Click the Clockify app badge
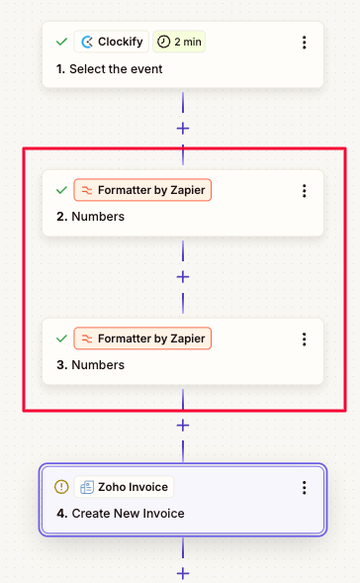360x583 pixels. pos(111,43)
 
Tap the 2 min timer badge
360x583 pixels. pos(180,43)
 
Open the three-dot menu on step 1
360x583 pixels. pos(304,43)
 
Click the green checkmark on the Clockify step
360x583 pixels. pos(61,43)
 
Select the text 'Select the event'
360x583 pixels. pos(116,69)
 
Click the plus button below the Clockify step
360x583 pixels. pos(183,128)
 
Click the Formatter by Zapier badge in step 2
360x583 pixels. pos(142,190)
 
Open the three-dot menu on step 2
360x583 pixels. pos(304,191)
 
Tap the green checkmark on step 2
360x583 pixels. pos(61,190)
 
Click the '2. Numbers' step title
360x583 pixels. pos(91,217)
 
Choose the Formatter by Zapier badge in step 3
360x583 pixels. pos(142,339)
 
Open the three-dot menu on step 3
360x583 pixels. pos(304,340)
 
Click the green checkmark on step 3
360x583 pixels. pos(61,339)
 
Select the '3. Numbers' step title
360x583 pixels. pos(91,365)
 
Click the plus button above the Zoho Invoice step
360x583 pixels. pos(183,425)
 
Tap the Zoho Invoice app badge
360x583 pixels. pos(125,487)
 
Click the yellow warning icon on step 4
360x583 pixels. pos(61,487)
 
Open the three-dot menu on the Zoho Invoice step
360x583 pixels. pos(304,488)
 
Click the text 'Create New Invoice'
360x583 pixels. pos(128,514)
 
